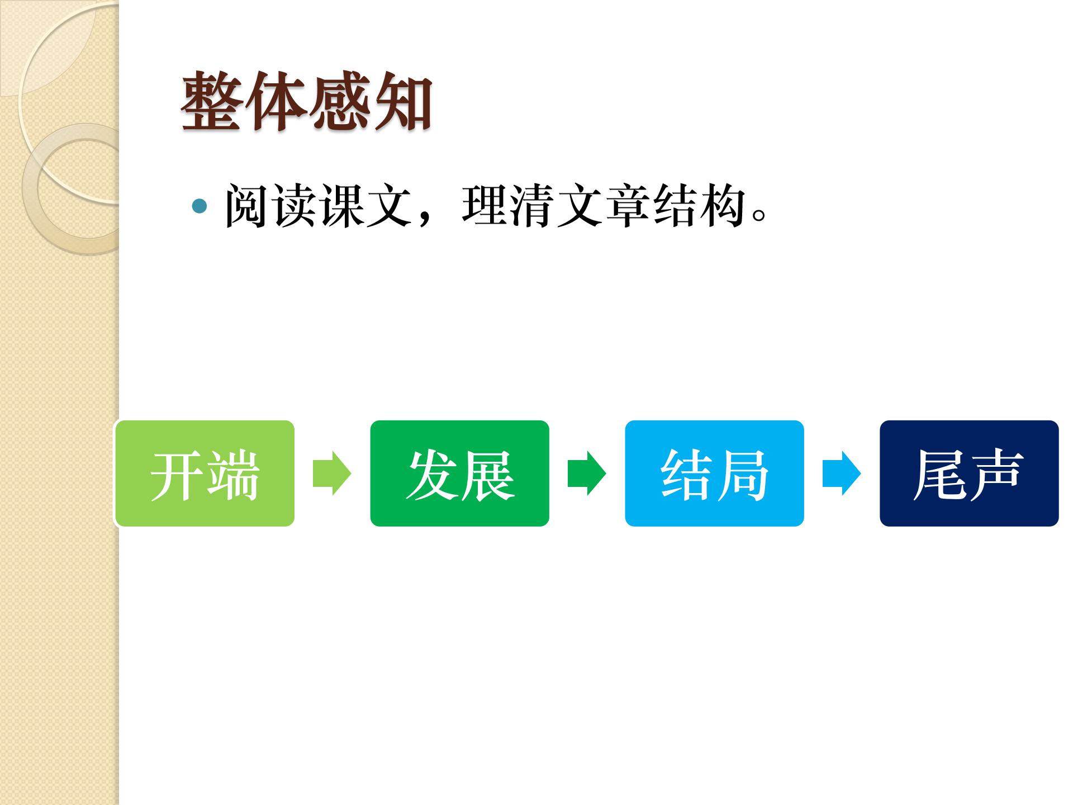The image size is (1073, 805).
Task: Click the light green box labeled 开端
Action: pos(205,473)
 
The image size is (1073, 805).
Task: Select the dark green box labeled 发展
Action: pos(459,473)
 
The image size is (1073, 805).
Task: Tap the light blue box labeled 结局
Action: pos(714,473)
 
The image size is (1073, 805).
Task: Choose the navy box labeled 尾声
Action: pos(969,473)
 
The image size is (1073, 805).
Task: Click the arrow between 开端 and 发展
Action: pos(332,473)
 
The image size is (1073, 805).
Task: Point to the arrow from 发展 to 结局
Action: pos(587,473)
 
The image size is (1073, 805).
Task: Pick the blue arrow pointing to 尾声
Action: pos(842,473)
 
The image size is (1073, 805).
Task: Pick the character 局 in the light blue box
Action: pos(743,475)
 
